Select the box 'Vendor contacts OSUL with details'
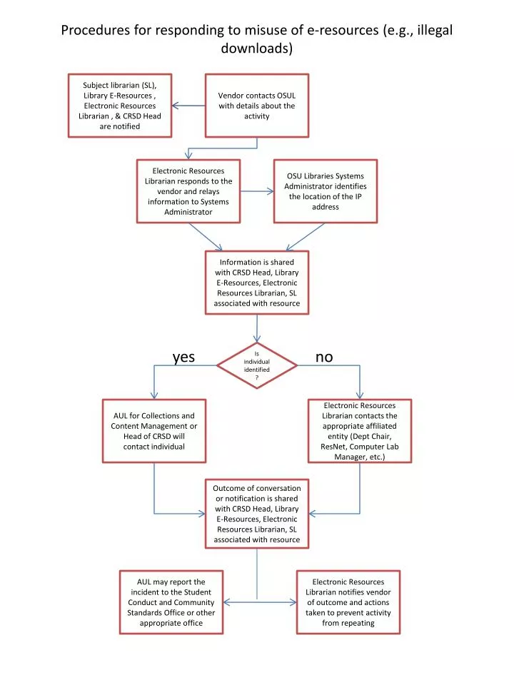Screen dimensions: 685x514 (257, 106)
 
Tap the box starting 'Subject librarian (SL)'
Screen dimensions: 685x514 (120, 106)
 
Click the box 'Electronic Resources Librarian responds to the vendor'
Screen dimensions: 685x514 (188, 191)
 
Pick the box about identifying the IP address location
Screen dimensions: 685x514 (325, 191)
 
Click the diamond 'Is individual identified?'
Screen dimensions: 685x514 (257, 365)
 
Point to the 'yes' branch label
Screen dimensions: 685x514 (183, 357)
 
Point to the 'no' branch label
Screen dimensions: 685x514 (324, 357)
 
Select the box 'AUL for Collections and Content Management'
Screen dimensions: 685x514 (154, 431)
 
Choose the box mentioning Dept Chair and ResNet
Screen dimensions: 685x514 (359, 431)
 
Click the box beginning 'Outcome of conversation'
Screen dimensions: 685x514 (257, 513)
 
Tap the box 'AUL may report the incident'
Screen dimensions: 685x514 (171, 602)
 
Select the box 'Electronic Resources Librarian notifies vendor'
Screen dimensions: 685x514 (348, 602)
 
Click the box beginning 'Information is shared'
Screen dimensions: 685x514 (257, 283)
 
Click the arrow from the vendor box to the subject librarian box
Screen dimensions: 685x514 (188, 106)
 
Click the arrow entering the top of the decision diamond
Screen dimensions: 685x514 (257, 329)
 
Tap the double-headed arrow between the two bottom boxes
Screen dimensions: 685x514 (257, 603)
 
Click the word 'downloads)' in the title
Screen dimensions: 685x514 (257, 49)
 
